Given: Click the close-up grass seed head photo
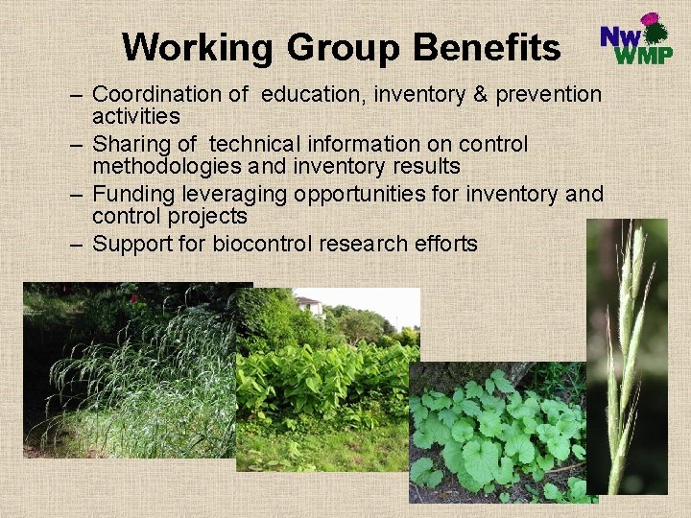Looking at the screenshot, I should (x=627, y=355).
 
